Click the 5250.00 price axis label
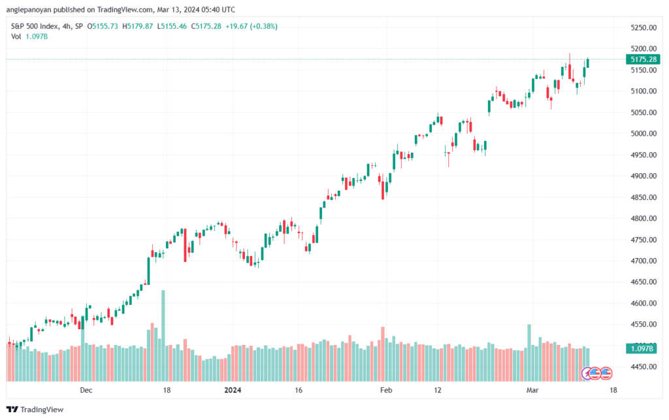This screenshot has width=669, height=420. [x=644, y=27]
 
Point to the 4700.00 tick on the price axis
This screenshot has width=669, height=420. [x=644, y=261]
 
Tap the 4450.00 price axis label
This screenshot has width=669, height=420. [x=644, y=366]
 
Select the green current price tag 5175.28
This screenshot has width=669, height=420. [x=643, y=59]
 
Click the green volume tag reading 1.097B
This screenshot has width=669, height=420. [x=642, y=349]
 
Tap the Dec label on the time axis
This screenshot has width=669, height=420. [x=86, y=390]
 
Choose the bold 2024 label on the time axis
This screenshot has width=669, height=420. [x=233, y=390]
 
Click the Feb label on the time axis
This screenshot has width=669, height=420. [x=386, y=390]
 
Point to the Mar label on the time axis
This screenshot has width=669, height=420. [x=532, y=390]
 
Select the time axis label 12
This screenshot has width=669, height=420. [x=438, y=390]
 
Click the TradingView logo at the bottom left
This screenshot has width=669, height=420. [x=35, y=410]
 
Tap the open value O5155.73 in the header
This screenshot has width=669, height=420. [x=103, y=26]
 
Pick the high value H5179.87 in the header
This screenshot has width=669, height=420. [x=137, y=26]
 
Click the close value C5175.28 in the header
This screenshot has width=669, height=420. [x=206, y=26]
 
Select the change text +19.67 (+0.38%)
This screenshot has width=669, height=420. [x=252, y=26]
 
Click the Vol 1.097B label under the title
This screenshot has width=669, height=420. [x=29, y=37]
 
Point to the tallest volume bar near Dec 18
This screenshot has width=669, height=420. [x=163, y=336]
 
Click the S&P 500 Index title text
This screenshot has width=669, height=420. [x=35, y=26]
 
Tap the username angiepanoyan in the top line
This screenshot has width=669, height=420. [x=29, y=10]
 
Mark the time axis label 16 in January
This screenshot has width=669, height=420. [x=298, y=390]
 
